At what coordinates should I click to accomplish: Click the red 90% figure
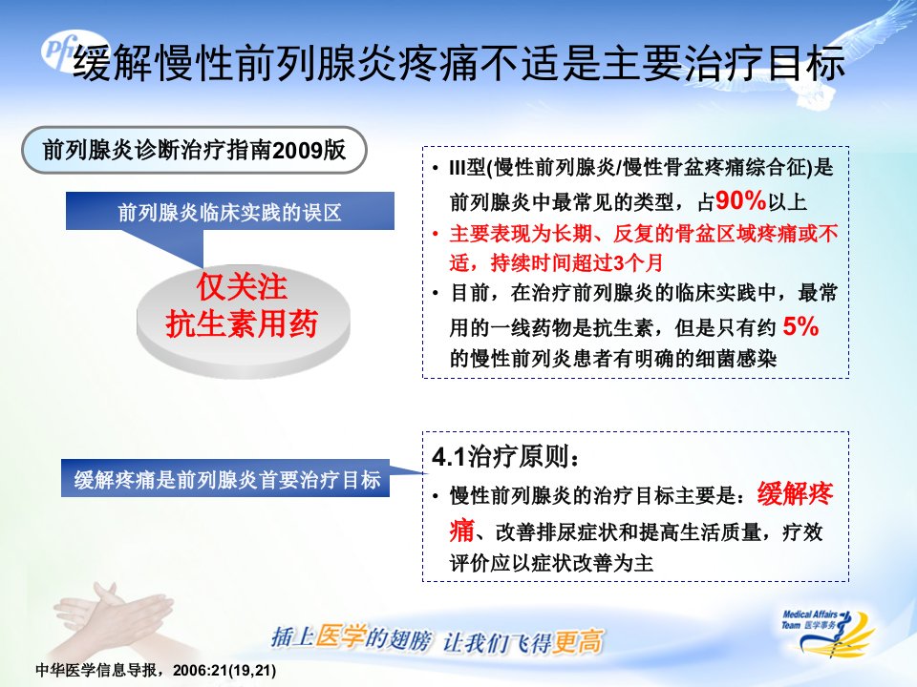click(740, 200)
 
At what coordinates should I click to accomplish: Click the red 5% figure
click(800, 326)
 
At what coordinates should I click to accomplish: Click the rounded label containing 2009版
click(194, 150)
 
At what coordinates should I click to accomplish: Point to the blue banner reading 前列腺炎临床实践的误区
click(230, 212)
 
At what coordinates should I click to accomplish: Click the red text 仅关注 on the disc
click(242, 287)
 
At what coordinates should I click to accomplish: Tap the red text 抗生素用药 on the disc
click(242, 323)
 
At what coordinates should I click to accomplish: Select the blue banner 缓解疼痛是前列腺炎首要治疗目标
click(225, 479)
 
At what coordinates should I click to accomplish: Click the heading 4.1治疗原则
click(506, 456)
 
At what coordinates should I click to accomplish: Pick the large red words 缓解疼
click(796, 494)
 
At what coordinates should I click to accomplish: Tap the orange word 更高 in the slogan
click(578, 642)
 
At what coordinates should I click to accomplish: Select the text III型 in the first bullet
click(467, 168)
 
